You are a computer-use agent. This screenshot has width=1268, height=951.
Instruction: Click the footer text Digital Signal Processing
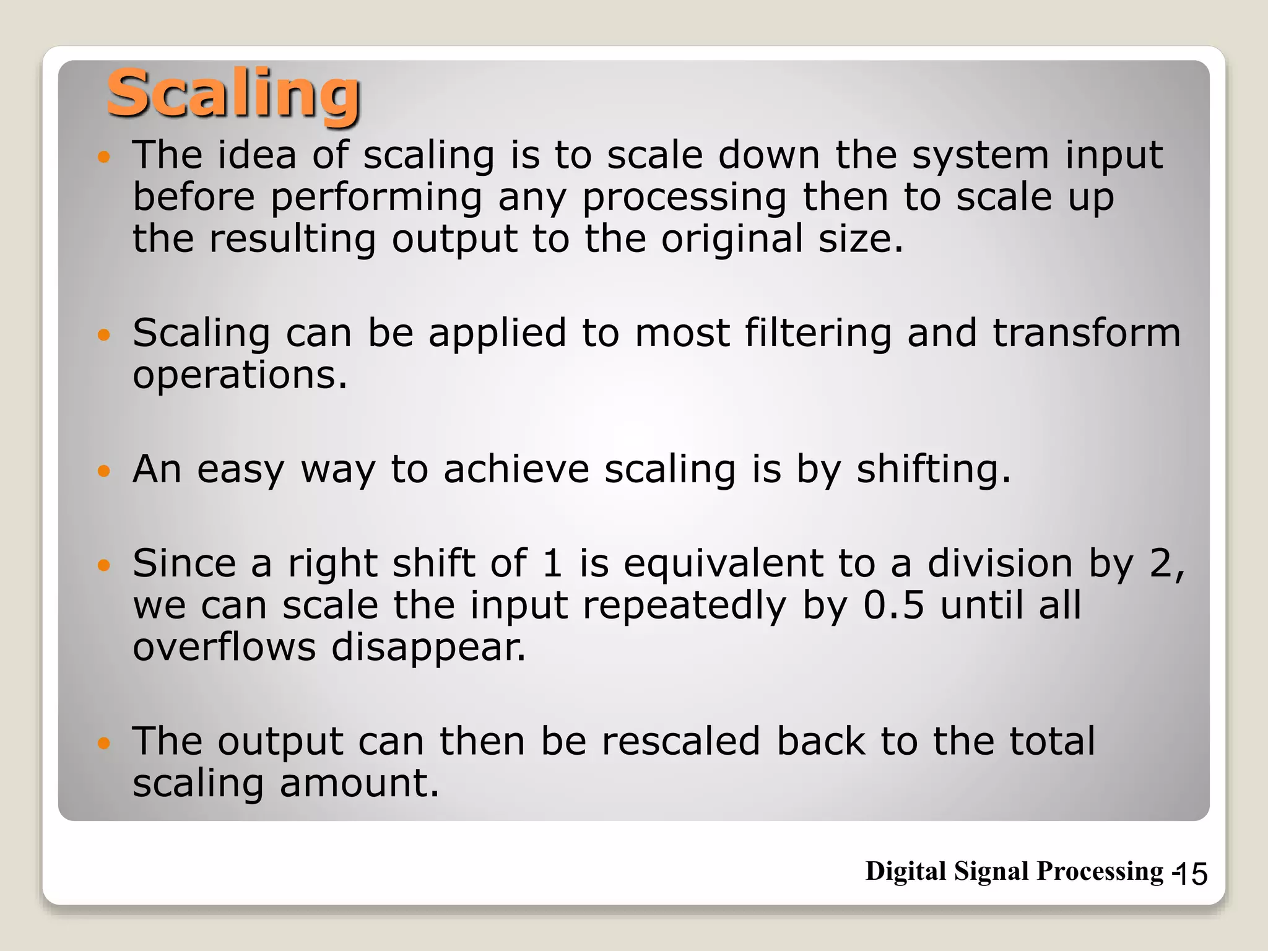(x=1014, y=871)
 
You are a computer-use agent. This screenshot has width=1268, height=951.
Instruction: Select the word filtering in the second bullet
(x=818, y=334)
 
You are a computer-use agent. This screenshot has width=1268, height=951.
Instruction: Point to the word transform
(x=1087, y=333)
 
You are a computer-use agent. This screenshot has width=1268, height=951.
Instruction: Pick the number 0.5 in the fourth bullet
(x=893, y=605)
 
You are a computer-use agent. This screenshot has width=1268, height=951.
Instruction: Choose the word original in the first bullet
(x=732, y=240)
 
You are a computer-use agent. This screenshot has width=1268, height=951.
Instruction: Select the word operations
(x=240, y=376)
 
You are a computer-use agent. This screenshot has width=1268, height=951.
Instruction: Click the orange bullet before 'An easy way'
(x=104, y=471)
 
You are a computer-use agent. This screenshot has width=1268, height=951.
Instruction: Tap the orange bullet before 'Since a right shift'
(x=104, y=565)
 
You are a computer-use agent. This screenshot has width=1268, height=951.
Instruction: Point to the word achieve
(x=516, y=469)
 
